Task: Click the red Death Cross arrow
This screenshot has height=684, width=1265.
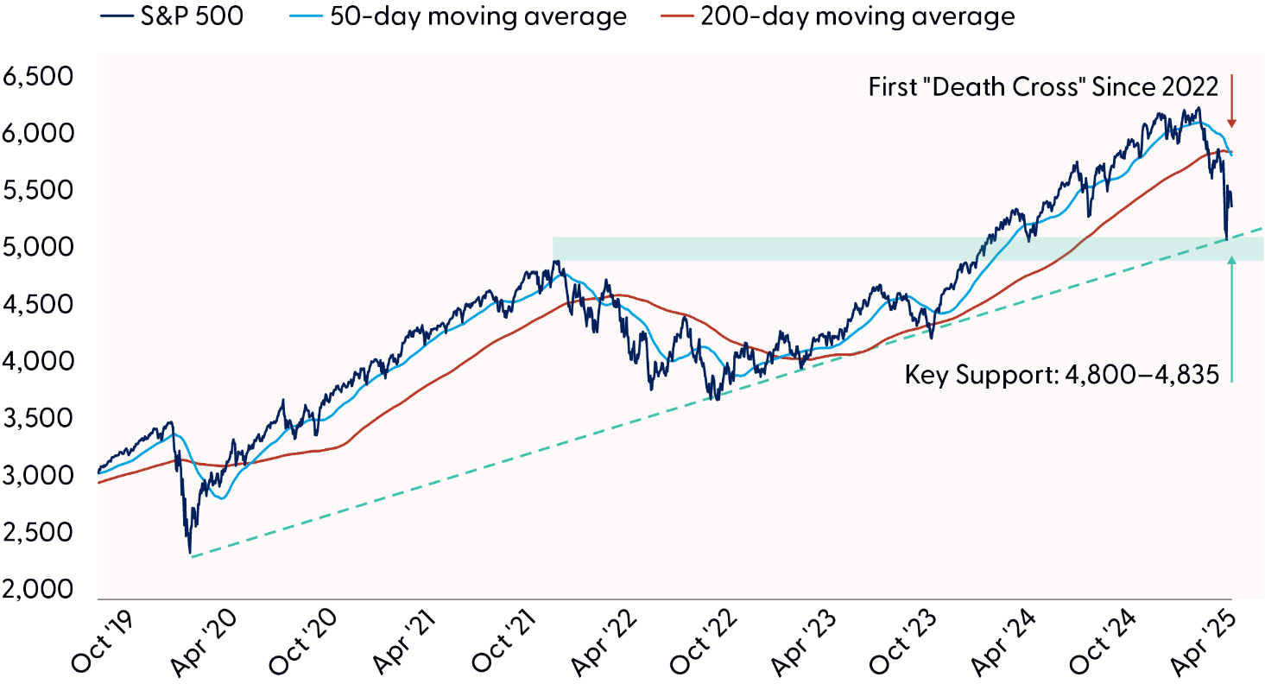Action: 1231,102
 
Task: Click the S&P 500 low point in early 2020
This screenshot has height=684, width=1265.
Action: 189,553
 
